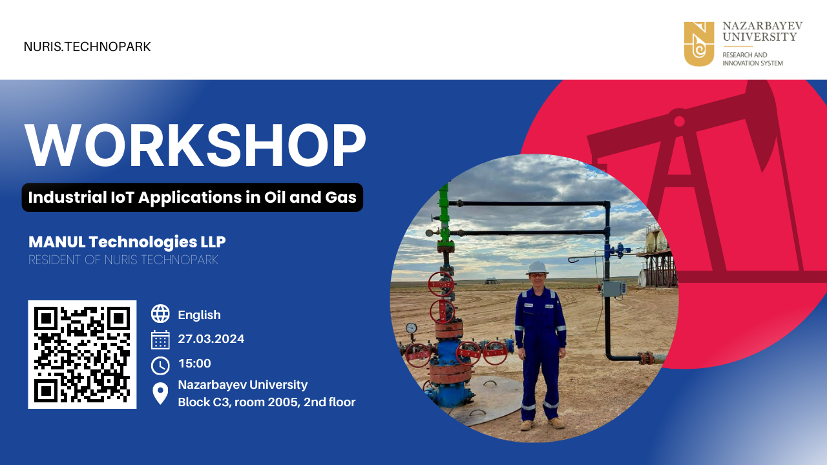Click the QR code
[x=82, y=355]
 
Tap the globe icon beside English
[x=160, y=314]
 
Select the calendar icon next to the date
[x=160, y=340]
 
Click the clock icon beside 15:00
[x=160, y=366]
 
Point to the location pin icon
[x=160, y=393]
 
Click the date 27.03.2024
[x=211, y=339]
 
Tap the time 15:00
[x=194, y=364]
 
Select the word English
[x=200, y=315]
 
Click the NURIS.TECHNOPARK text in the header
[x=87, y=47]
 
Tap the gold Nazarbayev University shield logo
[x=699, y=43]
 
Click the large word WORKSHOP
[x=195, y=145]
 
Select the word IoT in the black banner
[x=123, y=197]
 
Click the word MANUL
[x=58, y=242]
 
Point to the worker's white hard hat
[x=537, y=267]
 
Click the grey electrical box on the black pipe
[x=614, y=289]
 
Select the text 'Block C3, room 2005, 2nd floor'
[x=267, y=402]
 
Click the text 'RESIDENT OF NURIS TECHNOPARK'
[x=123, y=260]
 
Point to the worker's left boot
[x=556, y=422]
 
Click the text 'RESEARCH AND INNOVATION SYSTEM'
[x=753, y=59]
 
